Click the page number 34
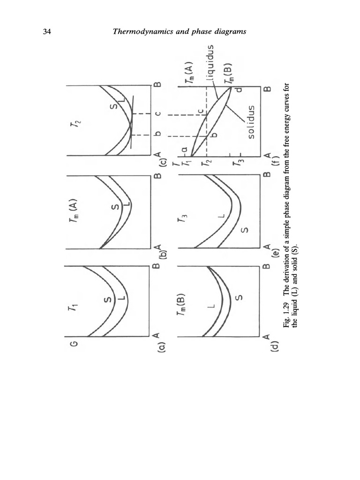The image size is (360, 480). tap(47, 31)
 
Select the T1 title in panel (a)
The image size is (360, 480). tap(73, 306)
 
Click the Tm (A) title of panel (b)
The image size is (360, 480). tap(74, 211)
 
